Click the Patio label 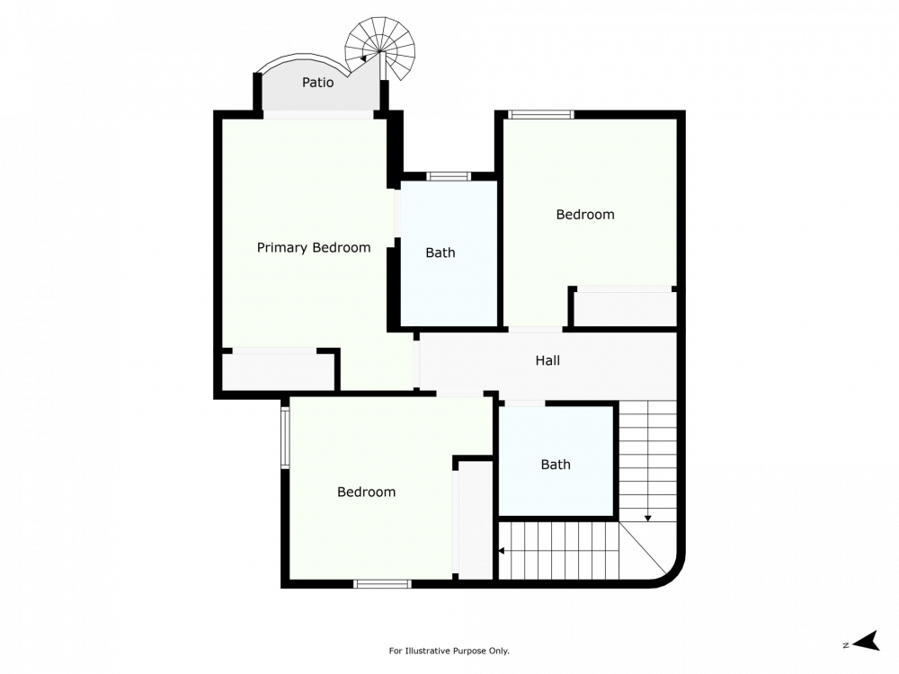(317, 83)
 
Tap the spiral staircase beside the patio (383, 49)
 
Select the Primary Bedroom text (314, 248)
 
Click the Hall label (547, 360)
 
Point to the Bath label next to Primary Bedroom (440, 253)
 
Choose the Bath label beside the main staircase (556, 465)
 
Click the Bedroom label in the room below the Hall (366, 492)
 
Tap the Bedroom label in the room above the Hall (585, 214)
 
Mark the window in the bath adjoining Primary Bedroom (449, 176)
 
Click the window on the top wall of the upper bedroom (540, 114)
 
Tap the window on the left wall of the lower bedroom (285, 438)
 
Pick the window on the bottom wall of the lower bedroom (382, 584)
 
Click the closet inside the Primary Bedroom (278, 371)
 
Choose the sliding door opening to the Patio (317, 114)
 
